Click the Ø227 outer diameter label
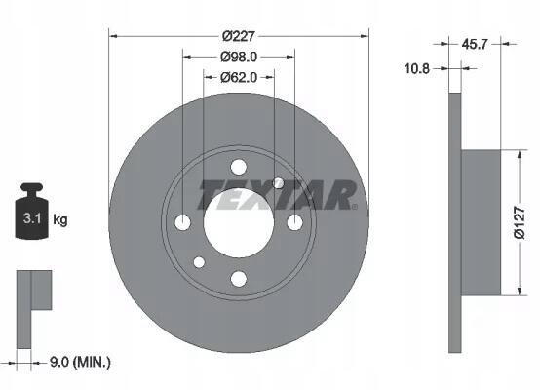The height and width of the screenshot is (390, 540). [238, 36]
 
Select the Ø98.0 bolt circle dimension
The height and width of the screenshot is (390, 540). [239, 57]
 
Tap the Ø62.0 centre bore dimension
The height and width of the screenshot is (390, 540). [239, 78]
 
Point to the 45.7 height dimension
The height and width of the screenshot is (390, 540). [475, 44]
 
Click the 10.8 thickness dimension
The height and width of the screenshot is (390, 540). [417, 69]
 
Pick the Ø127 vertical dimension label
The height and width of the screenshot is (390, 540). [520, 222]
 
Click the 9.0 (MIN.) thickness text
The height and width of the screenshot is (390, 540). [80, 362]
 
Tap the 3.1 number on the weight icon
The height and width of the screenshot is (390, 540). [32, 218]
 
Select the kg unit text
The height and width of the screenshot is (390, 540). [60, 219]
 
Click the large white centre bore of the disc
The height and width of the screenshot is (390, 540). [239, 223]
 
